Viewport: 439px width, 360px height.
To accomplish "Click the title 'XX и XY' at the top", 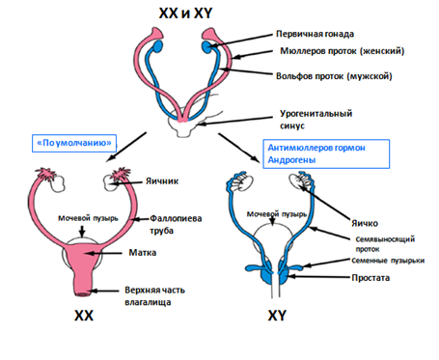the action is click(x=185, y=14).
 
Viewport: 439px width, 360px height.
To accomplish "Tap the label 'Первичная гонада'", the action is click(x=315, y=34).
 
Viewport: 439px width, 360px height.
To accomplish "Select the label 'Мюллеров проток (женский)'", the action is click(x=342, y=51).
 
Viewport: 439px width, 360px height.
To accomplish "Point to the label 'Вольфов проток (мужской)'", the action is click(x=334, y=76).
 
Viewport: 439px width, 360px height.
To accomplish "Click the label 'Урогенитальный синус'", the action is click(x=316, y=120).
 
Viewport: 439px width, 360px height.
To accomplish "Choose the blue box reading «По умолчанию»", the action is click(x=74, y=143).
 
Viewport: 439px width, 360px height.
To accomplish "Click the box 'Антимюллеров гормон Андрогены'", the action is click(x=326, y=153).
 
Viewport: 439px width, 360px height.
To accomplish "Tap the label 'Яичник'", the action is click(x=162, y=181).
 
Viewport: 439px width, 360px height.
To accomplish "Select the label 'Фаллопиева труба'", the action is click(x=176, y=224).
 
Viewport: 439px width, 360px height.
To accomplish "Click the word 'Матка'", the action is click(x=143, y=253).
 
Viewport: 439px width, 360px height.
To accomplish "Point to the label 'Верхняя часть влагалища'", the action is click(x=154, y=296).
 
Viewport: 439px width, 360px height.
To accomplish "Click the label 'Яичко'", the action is click(x=365, y=223).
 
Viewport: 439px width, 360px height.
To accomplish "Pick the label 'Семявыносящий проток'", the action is click(x=385, y=244).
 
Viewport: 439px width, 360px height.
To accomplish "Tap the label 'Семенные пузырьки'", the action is click(x=388, y=261).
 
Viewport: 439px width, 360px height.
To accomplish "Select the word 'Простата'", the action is click(x=370, y=278).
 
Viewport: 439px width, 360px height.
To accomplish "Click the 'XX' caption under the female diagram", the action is click(x=84, y=316).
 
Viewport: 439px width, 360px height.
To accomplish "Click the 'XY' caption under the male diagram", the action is click(x=277, y=316).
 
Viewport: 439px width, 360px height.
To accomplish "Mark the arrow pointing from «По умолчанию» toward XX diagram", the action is click(x=126, y=147).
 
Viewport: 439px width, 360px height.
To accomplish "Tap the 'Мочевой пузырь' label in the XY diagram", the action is click(x=277, y=214).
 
